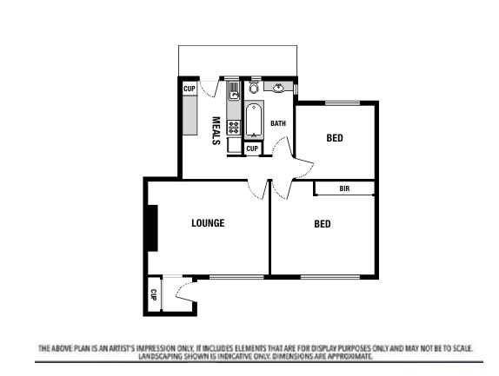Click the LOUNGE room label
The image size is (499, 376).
[208, 223]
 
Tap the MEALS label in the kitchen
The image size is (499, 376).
[216, 131]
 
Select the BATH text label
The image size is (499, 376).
[277, 123]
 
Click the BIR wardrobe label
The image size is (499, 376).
[344, 188]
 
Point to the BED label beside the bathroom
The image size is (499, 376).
[334, 137]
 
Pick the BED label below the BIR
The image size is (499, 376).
[322, 224]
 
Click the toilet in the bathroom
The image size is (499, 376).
[253, 88]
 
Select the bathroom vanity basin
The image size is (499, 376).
[280, 87]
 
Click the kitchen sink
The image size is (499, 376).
[234, 95]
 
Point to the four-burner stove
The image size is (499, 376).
[234, 127]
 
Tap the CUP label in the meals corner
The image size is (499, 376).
[189, 89]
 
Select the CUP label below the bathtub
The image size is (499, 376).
[252, 149]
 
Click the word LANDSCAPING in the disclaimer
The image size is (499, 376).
[161, 356]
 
